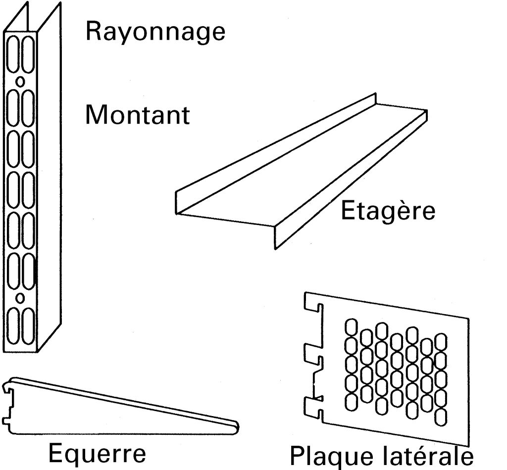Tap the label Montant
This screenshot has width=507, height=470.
[137, 115]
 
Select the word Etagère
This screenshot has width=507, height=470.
[388, 211]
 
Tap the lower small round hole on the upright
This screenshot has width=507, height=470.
[20, 298]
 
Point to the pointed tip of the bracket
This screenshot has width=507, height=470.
[236, 425]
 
